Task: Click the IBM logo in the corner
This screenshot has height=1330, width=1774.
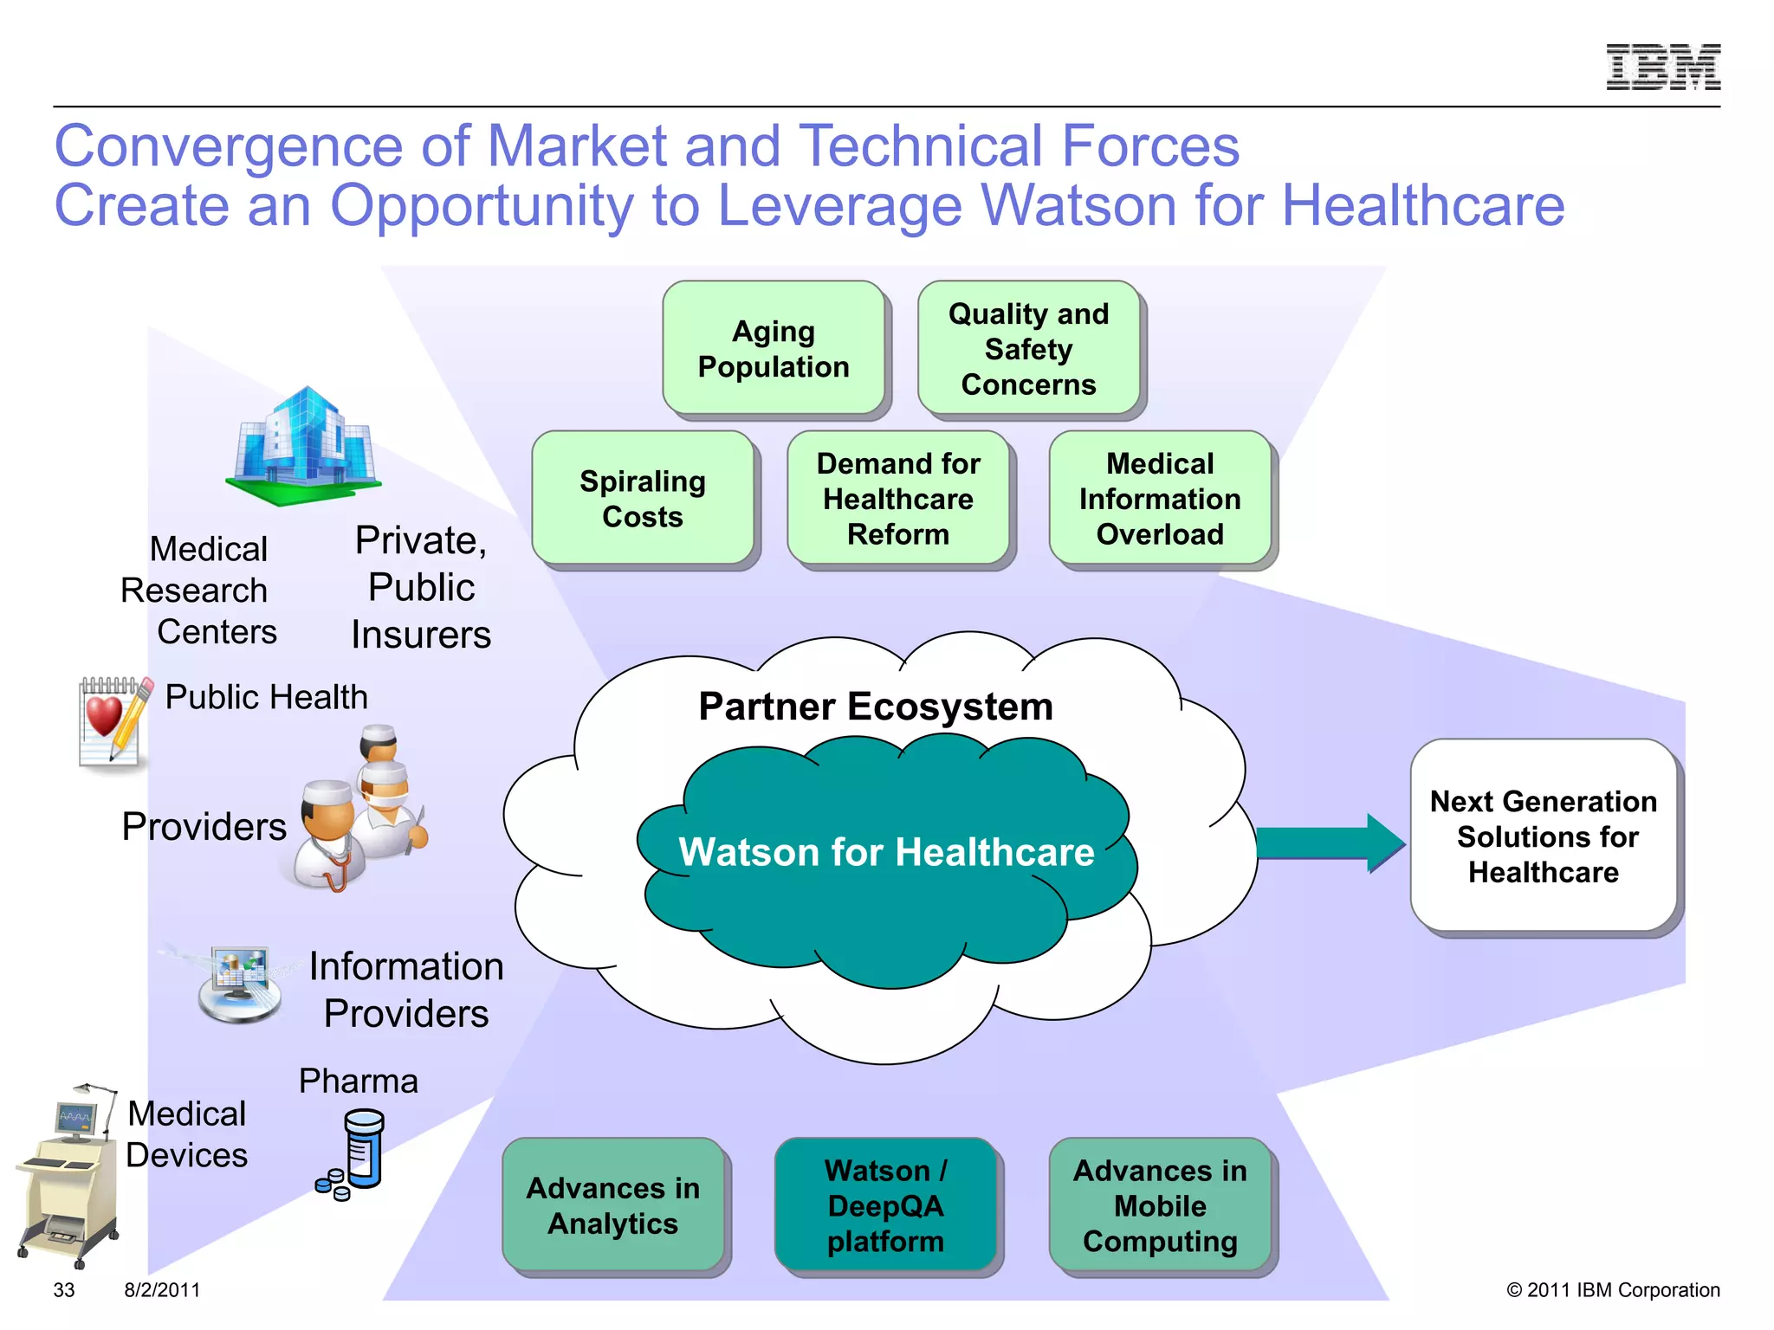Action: click(x=1663, y=67)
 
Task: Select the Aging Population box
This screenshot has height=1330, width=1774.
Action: click(x=774, y=348)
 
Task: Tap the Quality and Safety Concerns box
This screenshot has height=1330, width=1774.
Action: click(x=1028, y=348)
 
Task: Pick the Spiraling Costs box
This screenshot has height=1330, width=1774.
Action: click(x=643, y=499)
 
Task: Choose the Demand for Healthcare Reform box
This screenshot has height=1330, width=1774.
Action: click(x=898, y=499)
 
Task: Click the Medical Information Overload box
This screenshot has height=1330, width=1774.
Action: click(x=1160, y=499)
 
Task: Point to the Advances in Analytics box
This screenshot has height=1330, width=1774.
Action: click(x=613, y=1205)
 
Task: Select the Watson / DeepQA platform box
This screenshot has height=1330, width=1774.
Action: click(x=885, y=1205)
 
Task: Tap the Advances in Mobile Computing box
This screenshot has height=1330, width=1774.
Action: click(x=1160, y=1205)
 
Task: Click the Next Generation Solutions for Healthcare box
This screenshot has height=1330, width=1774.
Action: click(x=1544, y=836)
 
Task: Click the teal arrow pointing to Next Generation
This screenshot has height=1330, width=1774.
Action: click(x=1329, y=843)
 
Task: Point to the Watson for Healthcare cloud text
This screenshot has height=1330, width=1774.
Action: click(x=886, y=852)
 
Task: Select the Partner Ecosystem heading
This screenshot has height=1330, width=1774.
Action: click(x=876, y=707)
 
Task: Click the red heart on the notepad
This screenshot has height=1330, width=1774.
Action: click(x=104, y=715)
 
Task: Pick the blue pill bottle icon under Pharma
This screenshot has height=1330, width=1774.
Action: click(x=361, y=1150)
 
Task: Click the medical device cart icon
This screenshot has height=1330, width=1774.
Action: click(x=68, y=1178)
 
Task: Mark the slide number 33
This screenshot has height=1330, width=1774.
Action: click(x=64, y=1290)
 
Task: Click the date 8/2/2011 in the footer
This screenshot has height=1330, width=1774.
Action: click(x=162, y=1290)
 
